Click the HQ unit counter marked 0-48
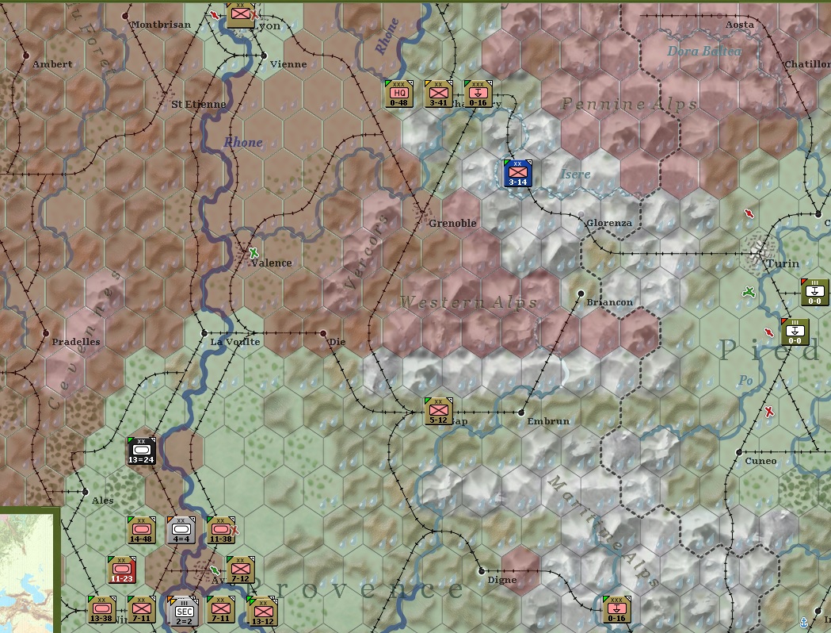[399, 94]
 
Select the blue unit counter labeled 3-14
[517, 173]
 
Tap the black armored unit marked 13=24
[142, 451]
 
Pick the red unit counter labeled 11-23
[122, 570]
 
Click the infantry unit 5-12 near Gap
[438, 411]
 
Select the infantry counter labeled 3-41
[438, 94]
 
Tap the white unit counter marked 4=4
[181, 530]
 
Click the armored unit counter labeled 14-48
[141, 530]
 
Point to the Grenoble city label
[452, 223]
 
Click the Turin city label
[783, 263]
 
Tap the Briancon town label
[609, 302]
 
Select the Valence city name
[273, 263]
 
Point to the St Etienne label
[199, 104]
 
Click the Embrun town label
[548, 421]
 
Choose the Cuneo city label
[760, 461]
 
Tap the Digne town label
[502, 580]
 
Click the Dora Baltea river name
[704, 52]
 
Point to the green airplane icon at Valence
[253, 253]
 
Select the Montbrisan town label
[161, 25]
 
